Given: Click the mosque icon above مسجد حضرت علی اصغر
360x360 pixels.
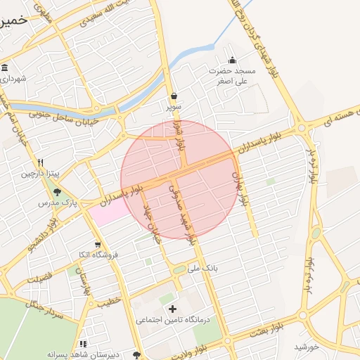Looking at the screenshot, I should click(x=233, y=60).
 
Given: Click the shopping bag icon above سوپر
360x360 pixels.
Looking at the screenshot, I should click(x=174, y=96).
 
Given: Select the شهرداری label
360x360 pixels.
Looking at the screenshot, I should click(x=13, y=78).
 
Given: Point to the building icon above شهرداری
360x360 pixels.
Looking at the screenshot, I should click(x=5, y=67).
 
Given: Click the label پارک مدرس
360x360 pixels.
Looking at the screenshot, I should click(x=58, y=202).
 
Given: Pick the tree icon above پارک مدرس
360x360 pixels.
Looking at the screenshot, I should click(x=57, y=191).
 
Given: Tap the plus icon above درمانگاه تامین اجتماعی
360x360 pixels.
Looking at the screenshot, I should click(x=172, y=308).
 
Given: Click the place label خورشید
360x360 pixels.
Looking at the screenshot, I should click(x=307, y=346).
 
